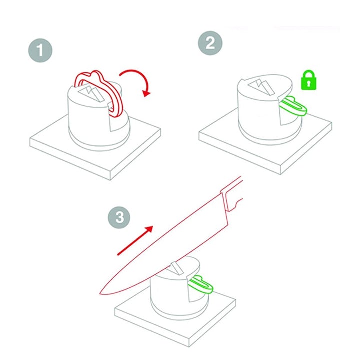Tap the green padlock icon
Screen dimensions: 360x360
[309, 80]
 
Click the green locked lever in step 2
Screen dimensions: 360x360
[293, 107]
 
